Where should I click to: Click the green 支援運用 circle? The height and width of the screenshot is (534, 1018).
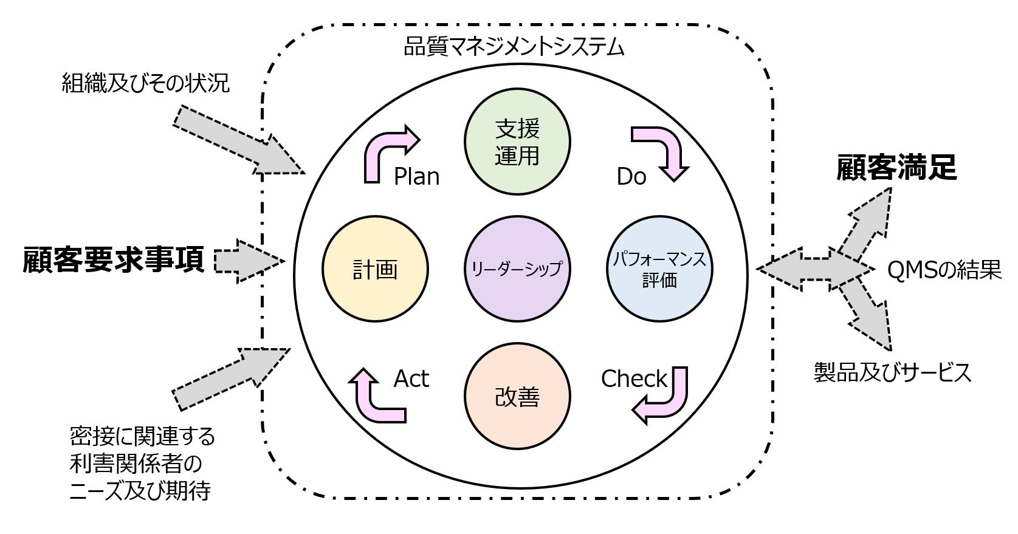pyautogui.click(x=517, y=142)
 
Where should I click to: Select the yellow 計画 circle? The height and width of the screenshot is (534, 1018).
pyautogui.click(x=376, y=269)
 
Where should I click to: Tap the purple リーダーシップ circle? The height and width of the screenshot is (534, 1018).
pyautogui.click(x=517, y=269)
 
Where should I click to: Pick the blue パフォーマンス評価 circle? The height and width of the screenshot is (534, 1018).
pyautogui.click(x=659, y=269)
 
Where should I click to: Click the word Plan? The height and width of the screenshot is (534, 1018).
pyautogui.click(x=416, y=177)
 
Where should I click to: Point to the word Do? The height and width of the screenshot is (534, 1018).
pyautogui.click(x=631, y=177)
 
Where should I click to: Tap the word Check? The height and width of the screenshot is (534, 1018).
pyautogui.click(x=634, y=379)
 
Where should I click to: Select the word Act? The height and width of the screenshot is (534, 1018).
pyautogui.click(x=411, y=379)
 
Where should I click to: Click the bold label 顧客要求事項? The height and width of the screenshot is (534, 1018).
pyautogui.click(x=114, y=260)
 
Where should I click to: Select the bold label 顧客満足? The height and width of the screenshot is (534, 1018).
pyautogui.click(x=896, y=168)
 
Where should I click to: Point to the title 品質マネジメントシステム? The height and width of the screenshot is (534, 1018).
pyautogui.click(x=514, y=47)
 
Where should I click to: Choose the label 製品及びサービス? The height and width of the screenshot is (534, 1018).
pyautogui.click(x=892, y=372)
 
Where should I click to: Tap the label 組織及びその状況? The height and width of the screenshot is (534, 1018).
pyautogui.click(x=146, y=83)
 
